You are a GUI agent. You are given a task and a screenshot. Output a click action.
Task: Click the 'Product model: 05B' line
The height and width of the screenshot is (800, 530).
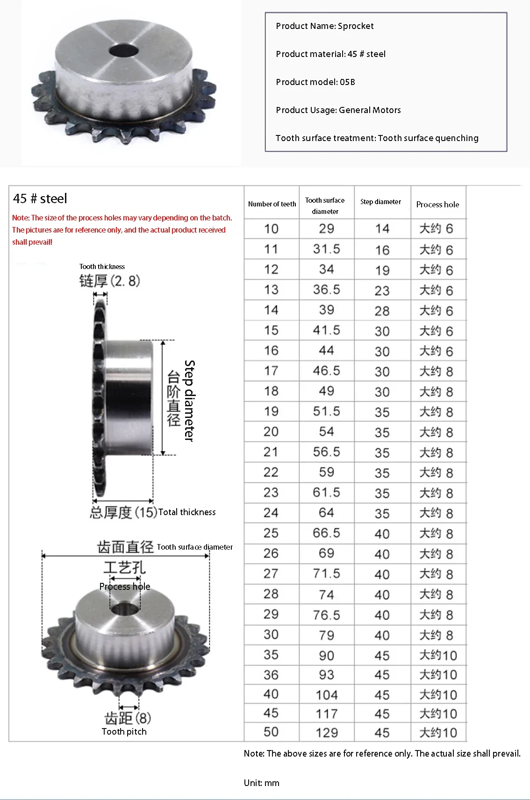(x=315, y=82)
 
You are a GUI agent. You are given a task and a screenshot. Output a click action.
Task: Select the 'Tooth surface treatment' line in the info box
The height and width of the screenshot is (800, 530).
(x=377, y=138)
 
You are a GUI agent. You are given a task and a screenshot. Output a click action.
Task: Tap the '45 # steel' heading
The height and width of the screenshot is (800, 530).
(x=40, y=199)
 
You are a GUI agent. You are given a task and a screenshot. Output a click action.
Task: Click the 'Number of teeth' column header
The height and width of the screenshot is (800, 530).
(x=272, y=204)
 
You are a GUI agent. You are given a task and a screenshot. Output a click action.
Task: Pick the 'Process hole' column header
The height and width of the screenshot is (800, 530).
(x=437, y=205)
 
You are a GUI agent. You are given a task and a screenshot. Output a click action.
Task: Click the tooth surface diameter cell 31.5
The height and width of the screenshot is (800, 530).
(x=326, y=249)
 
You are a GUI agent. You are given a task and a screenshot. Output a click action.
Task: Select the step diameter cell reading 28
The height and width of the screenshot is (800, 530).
(x=382, y=311)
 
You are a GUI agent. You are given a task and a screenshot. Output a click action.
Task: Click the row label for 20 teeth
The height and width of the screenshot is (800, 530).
(x=271, y=432)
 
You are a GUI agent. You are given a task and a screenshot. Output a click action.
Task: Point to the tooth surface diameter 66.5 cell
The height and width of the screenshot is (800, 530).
(x=326, y=533)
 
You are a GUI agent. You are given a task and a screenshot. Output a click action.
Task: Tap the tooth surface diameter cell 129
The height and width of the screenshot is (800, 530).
(x=326, y=732)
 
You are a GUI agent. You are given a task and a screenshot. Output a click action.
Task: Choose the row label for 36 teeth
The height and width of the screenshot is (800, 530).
(x=271, y=675)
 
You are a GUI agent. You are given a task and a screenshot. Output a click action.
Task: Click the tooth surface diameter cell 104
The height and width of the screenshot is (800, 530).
(x=326, y=695)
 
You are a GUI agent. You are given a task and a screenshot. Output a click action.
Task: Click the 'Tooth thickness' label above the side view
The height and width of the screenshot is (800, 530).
(x=102, y=267)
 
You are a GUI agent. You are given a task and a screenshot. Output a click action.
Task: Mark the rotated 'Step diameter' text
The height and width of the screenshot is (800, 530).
(x=189, y=401)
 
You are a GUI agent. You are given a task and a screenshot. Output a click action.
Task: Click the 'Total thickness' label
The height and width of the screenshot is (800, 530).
(x=187, y=512)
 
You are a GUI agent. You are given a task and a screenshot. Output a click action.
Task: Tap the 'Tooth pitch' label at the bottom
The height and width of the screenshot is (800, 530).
(x=124, y=732)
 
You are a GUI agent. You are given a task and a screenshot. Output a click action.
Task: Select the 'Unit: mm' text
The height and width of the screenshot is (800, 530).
(x=261, y=783)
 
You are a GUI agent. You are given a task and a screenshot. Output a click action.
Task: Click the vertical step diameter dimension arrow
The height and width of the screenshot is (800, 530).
(x=163, y=397)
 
